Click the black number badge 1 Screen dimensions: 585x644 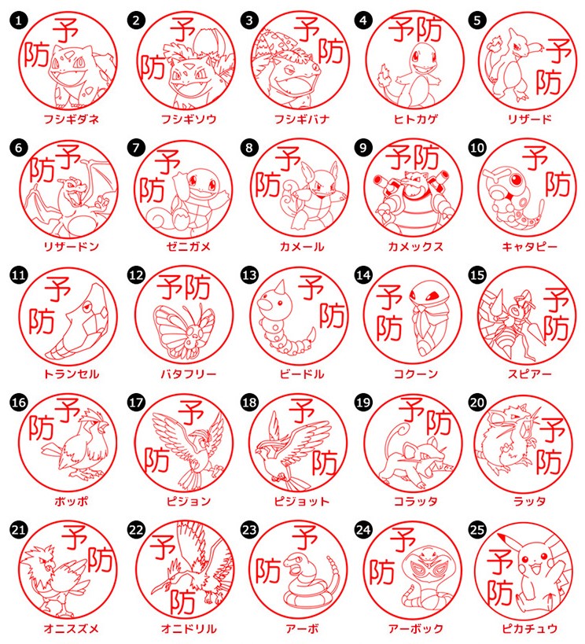[19, 20]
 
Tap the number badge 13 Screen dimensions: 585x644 [249, 274]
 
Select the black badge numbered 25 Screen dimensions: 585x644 [477, 529]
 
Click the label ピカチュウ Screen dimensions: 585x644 [529, 628]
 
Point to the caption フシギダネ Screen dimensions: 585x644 [72, 119]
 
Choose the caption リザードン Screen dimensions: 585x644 [72, 246]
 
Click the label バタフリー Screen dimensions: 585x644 [189, 374]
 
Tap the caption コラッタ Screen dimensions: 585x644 [416, 501]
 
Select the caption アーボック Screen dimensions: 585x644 [416, 628]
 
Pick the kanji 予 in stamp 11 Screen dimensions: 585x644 [57, 289]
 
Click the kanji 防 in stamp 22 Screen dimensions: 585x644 [182, 602]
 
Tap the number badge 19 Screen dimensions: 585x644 [363, 402]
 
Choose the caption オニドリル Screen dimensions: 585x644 [189, 628]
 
